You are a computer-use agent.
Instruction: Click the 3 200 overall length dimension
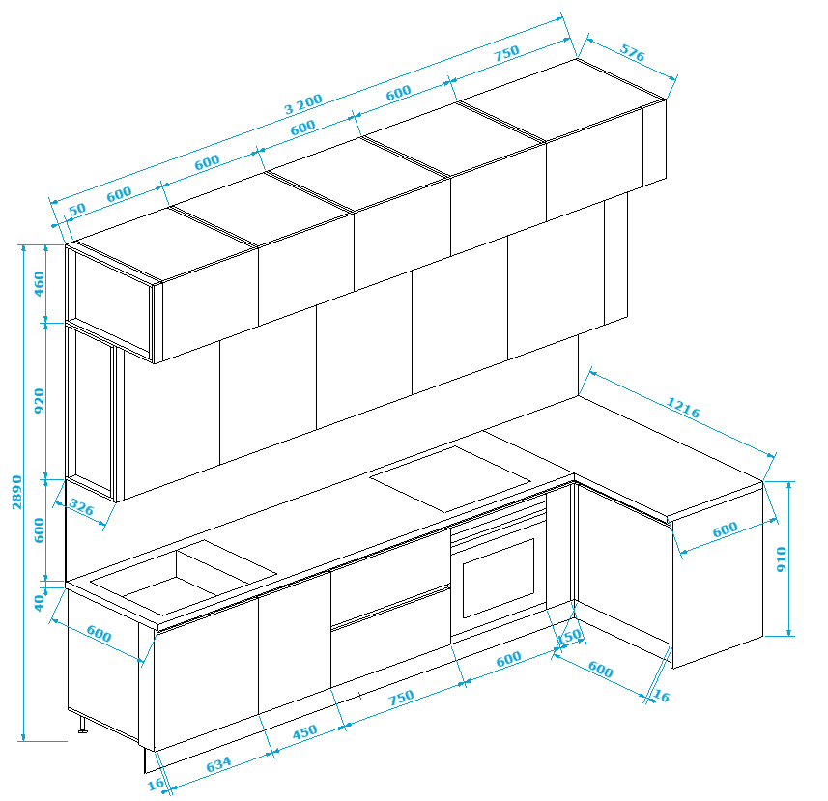pos(303,104)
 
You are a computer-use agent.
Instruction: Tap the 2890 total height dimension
pos(17,492)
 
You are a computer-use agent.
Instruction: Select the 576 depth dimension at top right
pos(633,53)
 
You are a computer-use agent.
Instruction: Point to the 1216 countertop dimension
pos(683,408)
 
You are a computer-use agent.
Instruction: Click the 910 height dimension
pos(782,559)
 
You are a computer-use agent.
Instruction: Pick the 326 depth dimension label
pos(81,508)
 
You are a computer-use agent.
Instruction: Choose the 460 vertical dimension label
pos(39,283)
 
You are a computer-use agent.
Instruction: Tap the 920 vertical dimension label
pos(39,401)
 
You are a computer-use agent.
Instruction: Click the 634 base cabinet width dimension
pos(218,764)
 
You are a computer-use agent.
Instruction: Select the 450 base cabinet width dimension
pos(304,732)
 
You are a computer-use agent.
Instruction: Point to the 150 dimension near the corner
pos(569,637)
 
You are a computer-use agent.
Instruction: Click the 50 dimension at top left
pos(77,209)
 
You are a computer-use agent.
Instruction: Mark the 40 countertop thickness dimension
pos(39,603)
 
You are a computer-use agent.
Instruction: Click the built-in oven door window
pos(499,578)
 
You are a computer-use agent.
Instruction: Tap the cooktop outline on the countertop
pos(450,479)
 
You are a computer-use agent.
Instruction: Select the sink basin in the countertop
pos(184,577)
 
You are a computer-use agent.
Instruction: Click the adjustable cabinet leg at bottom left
pos(82,725)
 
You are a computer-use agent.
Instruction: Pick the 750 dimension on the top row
pos(506,53)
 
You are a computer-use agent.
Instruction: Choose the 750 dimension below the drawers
pos(401,698)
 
